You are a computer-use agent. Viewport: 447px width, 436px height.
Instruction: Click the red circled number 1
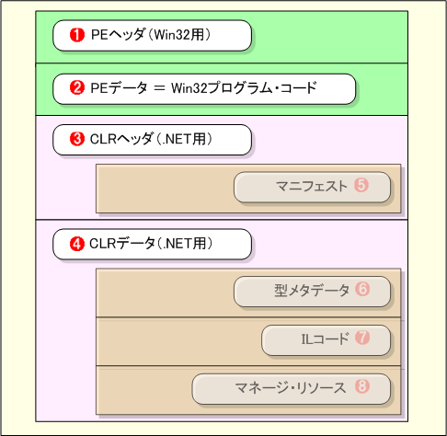[77, 35]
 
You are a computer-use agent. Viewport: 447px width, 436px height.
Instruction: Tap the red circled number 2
[77, 88]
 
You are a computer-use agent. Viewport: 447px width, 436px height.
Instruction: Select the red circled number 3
[77, 139]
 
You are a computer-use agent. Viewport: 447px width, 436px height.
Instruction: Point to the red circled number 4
[77, 244]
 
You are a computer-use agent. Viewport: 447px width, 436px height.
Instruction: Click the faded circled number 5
[361, 185]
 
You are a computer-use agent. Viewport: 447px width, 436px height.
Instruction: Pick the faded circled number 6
[362, 289]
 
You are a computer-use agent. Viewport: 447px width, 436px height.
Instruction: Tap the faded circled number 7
[362, 338]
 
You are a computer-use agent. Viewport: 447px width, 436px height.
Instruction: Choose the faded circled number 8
[362, 386]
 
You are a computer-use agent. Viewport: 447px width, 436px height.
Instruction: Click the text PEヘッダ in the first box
[118, 35]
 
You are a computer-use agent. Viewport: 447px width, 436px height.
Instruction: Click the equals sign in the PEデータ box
[159, 88]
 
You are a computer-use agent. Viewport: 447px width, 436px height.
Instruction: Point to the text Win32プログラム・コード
[244, 88]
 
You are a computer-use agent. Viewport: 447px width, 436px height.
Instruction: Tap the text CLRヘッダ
[121, 139]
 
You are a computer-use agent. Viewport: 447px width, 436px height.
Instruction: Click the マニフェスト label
[312, 186]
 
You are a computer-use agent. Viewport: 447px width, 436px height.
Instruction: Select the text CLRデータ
[122, 244]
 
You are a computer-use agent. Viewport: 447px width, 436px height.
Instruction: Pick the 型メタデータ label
[312, 290]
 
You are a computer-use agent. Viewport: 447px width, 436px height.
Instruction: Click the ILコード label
[325, 338]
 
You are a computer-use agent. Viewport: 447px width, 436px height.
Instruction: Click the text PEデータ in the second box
[119, 88]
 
